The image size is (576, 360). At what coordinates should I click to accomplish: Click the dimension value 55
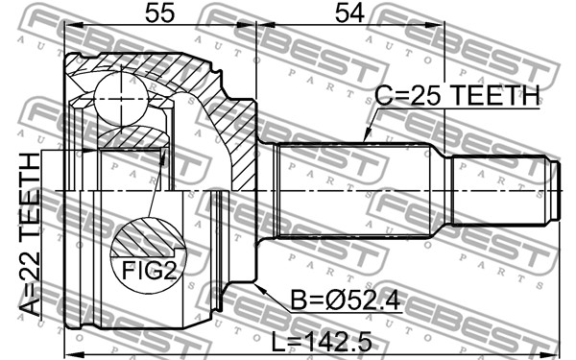(x=159, y=12)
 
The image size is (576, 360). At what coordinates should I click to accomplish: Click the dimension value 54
(x=349, y=12)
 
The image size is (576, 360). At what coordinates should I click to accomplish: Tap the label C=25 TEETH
(x=457, y=95)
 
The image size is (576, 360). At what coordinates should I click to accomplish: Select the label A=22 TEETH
(x=29, y=234)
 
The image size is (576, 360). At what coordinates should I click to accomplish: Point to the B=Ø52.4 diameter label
(x=346, y=300)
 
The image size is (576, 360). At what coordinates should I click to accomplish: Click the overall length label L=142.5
(x=322, y=341)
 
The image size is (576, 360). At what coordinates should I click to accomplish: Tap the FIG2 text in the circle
(x=149, y=270)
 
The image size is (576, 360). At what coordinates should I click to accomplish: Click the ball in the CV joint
(x=121, y=99)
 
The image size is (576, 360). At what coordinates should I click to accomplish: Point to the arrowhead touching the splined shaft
(x=366, y=135)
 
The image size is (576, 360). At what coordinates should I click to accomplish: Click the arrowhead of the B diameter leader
(x=259, y=289)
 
